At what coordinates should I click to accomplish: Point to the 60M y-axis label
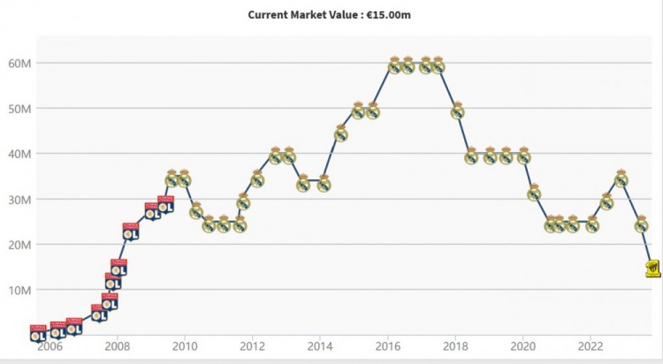point(20,63)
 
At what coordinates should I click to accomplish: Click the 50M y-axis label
point(20,109)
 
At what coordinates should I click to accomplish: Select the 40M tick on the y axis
point(20,154)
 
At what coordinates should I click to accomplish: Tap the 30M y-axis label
point(20,200)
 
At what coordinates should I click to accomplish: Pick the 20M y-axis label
point(20,245)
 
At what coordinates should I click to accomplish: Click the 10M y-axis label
point(20,291)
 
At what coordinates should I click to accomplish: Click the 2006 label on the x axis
point(50,346)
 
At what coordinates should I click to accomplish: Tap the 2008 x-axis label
point(118,346)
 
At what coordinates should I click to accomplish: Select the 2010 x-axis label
point(185,346)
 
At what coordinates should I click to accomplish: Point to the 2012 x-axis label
point(253,346)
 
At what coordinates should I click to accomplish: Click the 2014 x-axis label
point(320,346)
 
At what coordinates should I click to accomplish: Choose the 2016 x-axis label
point(388,346)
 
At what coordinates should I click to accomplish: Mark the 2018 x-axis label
point(456,346)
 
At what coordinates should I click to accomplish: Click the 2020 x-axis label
point(523,346)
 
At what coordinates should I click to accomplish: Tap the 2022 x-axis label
point(591,346)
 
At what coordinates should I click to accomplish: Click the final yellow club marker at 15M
point(652,268)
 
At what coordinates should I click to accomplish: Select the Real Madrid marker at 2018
point(457,110)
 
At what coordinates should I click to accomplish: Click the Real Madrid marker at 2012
point(257,179)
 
